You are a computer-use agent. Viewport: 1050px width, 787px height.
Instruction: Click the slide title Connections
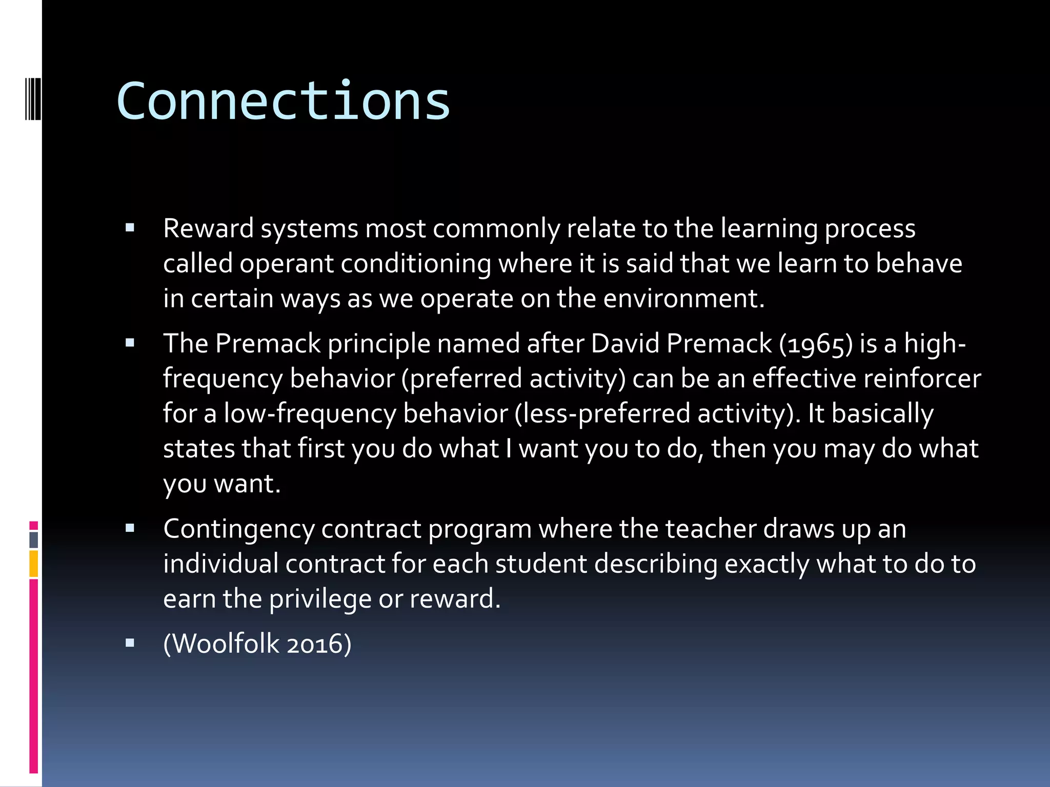(x=283, y=101)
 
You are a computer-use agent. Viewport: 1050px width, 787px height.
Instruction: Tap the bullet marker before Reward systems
(x=130, y=228)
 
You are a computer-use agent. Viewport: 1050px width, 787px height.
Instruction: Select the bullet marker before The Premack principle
(x=130, y=343)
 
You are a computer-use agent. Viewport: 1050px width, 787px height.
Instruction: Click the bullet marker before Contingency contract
(x=130, y=528)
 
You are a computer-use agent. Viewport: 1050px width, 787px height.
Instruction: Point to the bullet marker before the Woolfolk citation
(x=130, y=643)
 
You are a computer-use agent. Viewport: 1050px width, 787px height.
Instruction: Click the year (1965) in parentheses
(x=816, y=343)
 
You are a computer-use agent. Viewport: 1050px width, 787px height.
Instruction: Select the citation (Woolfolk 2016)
(x=257, y=644)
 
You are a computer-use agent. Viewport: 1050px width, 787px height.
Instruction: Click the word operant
(x=287, y=264)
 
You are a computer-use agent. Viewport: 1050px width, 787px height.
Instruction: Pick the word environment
(x=683, y=298)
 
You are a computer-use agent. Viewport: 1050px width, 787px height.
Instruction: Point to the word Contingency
(x=239, y=529)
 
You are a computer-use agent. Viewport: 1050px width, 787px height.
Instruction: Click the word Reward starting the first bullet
(x=208, y=229)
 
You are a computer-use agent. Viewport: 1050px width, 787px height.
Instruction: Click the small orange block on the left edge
(x=34, y=564)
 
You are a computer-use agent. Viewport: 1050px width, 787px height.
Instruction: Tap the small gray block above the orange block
(x=34, y=540)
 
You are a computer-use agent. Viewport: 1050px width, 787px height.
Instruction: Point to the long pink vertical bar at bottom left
(x=34, y=676)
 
